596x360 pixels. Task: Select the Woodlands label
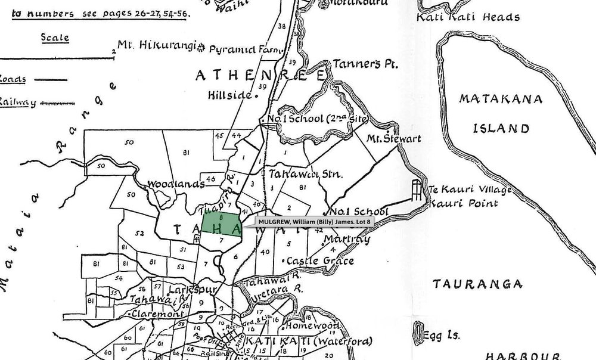[172, 184]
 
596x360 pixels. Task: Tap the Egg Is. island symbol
[419, 333]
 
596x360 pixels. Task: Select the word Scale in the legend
[54, 38]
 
